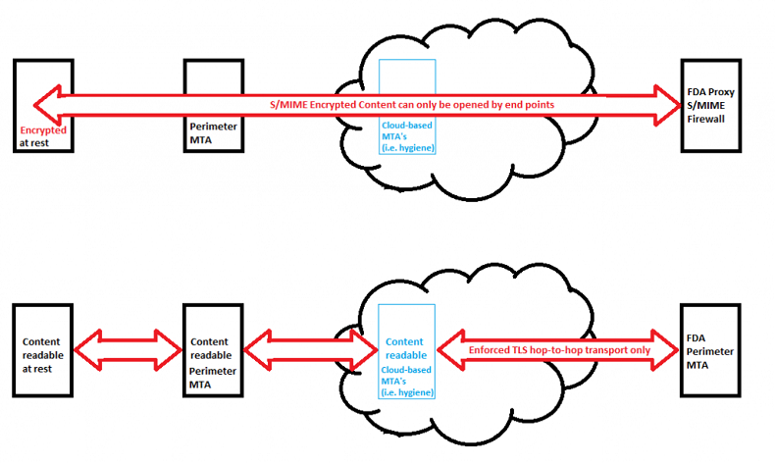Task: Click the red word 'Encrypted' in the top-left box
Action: (x=41, y=130)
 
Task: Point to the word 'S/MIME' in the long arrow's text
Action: (x=291, y=103)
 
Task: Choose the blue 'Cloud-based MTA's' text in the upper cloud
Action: (x=407, y=131)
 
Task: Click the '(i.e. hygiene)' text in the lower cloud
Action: (x=407, y=391)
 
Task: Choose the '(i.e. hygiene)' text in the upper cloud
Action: (x=407, y=147)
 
